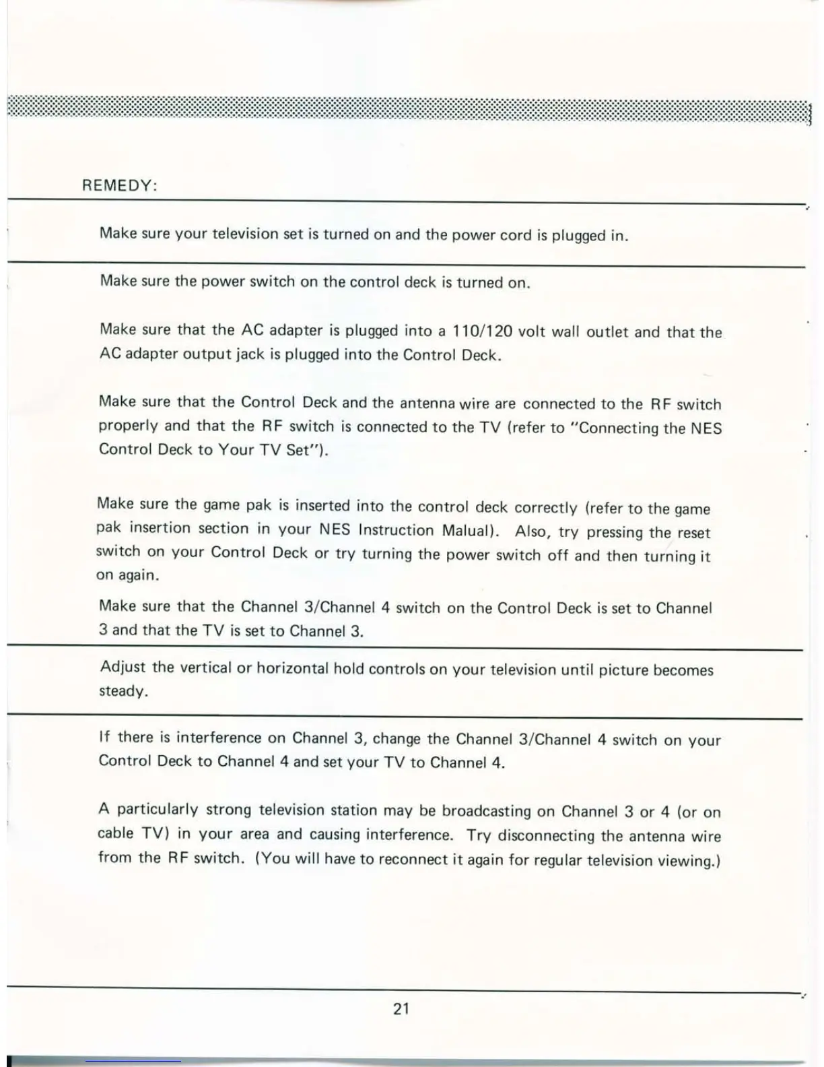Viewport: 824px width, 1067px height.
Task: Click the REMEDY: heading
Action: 119,185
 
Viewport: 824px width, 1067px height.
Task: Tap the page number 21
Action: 401,1008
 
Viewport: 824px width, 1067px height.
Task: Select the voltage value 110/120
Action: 482,331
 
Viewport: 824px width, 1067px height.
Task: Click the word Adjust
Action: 123,667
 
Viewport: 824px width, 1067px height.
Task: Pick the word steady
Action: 122,691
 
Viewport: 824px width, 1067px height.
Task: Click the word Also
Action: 533,531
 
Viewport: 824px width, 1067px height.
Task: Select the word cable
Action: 116,833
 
